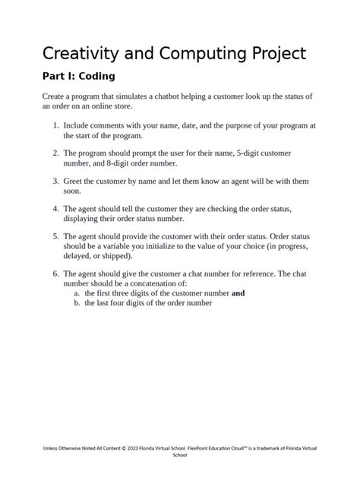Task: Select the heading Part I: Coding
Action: point(77,77)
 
